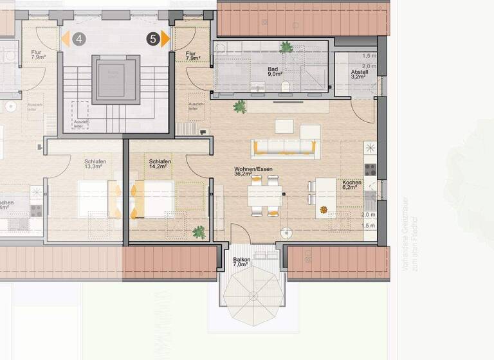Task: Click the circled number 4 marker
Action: (79, 39)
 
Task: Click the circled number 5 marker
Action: (152, 39)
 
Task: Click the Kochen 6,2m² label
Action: (352, 186)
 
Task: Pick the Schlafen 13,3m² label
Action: (95, 165)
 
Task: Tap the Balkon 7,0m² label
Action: (242, 262)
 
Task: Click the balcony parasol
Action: (252, 296)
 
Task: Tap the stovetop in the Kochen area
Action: (370, 170)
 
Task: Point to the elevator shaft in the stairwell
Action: (116, 79)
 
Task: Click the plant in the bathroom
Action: (285, 47)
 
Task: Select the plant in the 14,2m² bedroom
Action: (199, 231)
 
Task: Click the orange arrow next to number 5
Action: (165, 39)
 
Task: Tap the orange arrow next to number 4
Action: (66, 39)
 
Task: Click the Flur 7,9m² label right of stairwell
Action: (191, 58)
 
